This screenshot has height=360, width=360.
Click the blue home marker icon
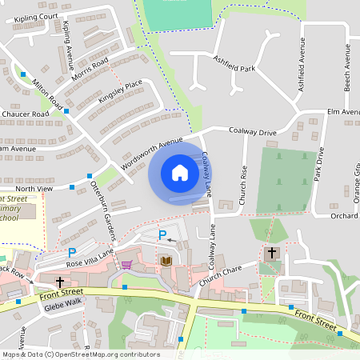(x=179, y=173)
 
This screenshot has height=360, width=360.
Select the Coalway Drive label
(x=252, y=130)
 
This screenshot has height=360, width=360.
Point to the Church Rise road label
(x=243, y=183)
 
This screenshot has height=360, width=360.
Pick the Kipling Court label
(x=30, y=16)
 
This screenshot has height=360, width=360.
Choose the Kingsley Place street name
(x=120, y=93)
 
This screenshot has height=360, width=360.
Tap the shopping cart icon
(x=126, y=264)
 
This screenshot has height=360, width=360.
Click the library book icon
(x=166, y=262)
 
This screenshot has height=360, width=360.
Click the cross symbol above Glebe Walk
(x=60, y=282)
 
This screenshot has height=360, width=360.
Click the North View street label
(x=34, y=188)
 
